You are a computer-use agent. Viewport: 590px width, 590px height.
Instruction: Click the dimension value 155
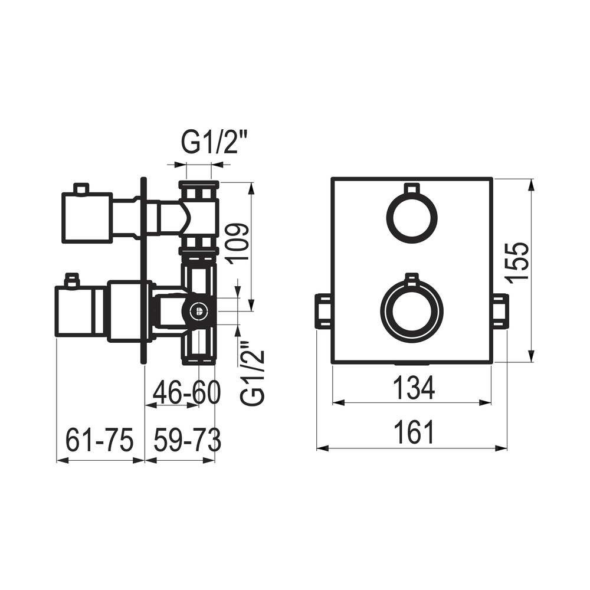pos(517,260)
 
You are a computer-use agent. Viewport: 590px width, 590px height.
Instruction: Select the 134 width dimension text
pos(414,388)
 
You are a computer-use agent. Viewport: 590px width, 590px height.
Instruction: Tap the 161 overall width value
pos(414,432)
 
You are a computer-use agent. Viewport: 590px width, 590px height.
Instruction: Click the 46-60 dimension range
pos(186,392)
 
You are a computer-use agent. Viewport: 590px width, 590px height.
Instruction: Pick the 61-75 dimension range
pos(100,440)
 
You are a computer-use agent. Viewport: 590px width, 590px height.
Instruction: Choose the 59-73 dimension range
pos(188,440)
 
